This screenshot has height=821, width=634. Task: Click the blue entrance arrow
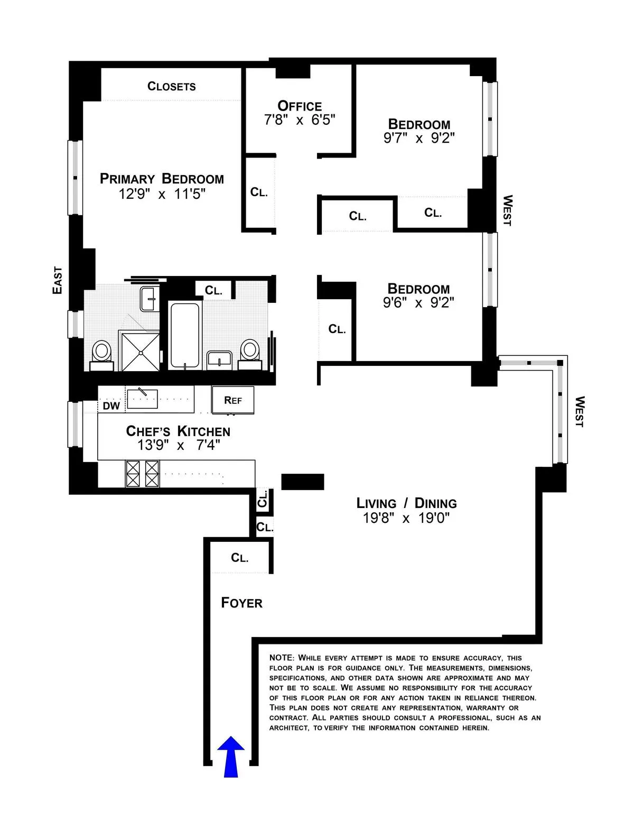point(231,757)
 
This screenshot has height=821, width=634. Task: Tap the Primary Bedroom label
point(162,179)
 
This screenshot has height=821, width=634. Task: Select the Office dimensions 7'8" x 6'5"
point(300,120)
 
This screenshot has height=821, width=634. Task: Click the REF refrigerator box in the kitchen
point(233,400)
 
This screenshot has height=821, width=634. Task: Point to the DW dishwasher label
point(111,406)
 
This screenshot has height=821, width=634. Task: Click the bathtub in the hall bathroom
point(184,335)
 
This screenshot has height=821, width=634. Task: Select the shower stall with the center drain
point(140,350)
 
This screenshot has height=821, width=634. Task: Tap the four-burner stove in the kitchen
point(142,473)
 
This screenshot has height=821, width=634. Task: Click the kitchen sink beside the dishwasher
point(142,398)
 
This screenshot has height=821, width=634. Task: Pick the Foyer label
point(241,603)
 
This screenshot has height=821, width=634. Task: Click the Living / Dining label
point(406,503)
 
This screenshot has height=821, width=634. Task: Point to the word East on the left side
point(57,280)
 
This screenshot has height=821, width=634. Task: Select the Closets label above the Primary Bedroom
point(171,86)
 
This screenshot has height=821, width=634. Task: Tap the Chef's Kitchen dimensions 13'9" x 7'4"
point(179,445)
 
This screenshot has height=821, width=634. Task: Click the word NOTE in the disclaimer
point(281,658)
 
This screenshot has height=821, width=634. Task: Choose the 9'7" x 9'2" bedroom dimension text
point(419,139)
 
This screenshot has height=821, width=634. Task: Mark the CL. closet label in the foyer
point(240,558)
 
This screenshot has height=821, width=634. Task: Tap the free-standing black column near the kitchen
point(302,482)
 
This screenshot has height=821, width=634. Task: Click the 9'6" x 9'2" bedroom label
point(418,303)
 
